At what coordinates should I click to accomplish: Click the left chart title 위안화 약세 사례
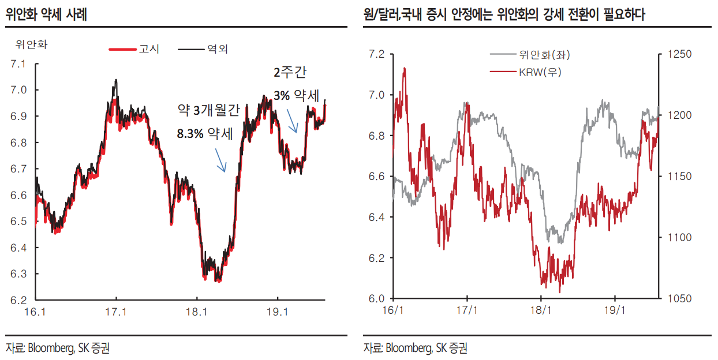click(x=46, y=14)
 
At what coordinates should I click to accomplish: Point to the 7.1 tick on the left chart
click(x=18, y=63)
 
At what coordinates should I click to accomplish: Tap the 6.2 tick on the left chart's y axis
click(x=18, y=300)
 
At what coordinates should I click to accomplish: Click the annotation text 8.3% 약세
click(x=205, y=134)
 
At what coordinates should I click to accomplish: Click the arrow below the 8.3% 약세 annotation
click(x=220, y=160)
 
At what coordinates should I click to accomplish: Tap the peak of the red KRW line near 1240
click(x=404, y=69)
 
